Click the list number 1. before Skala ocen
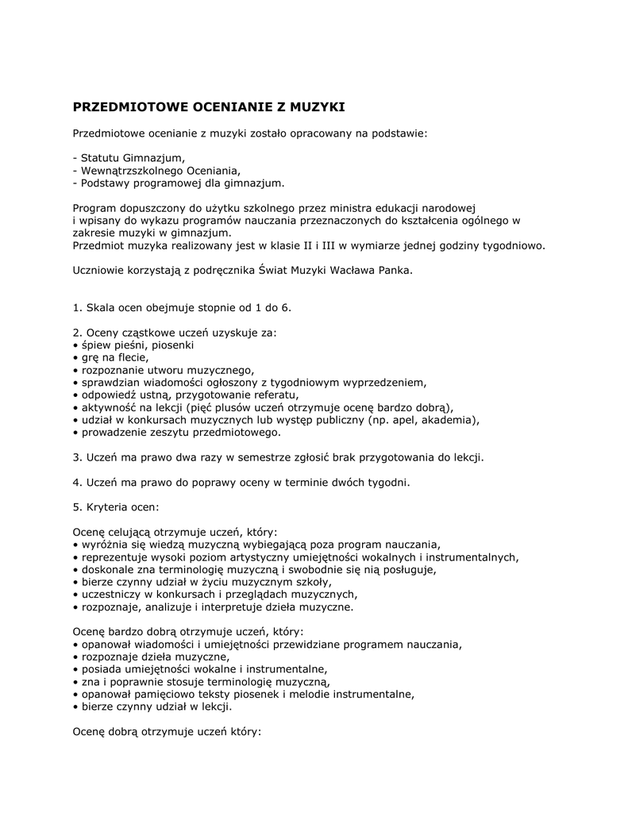[x=77, y=307]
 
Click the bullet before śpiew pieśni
[x=75, y=345]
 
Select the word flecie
[x=130, y=357]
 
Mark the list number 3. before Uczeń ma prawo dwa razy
[x=77, y=457]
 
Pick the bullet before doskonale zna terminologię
[x=75, y=569]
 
